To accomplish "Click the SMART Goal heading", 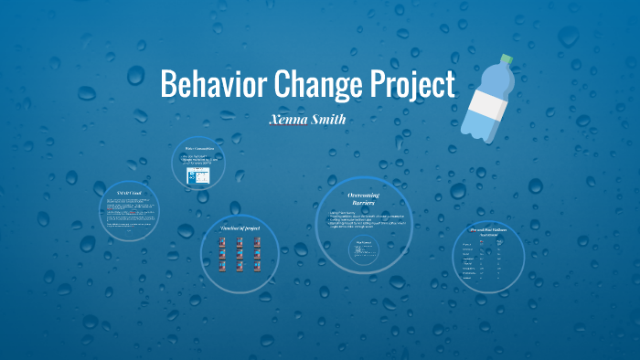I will point(129,194).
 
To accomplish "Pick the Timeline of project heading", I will point(239,227).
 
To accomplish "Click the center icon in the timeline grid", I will point(239,254).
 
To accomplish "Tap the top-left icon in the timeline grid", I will point(221,242).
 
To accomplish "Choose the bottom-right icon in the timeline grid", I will point(257,266).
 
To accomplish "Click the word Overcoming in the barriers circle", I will point(364,195).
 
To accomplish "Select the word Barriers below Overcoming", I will point(364,203).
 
